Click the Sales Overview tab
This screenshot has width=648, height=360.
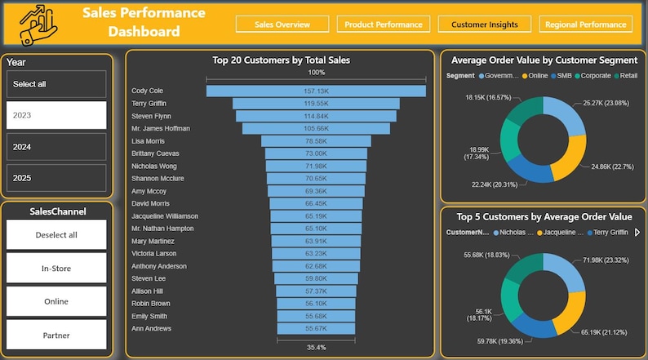pyautogui.click(x=282, y=24)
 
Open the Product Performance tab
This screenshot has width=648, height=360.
pyautogui.click(x=384, y=24)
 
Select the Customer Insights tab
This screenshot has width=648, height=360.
pyautogui.click(x=484, y=24)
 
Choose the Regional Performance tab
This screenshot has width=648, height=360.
pyautogui.click(x=585, y=24)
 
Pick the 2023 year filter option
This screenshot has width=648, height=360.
pyautogui.click(x=56, y=115)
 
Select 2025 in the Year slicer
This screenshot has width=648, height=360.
pyautogui.click(x=56, y=177)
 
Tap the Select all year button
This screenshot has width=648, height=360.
pyautogui.click(x=56, y=84)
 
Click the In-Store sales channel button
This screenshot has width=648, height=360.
pyautogui.click(x=56, y=268)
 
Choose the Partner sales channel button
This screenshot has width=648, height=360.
pyautogui.click(x=56, y=335)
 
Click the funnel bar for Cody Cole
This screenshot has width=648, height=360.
pyautogui.click(x=316, y=91)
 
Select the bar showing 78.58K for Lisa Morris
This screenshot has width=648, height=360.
pyautogui.click(x=316, y=141)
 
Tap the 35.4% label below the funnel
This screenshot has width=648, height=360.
pyautogui.click(x=316, y=347)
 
